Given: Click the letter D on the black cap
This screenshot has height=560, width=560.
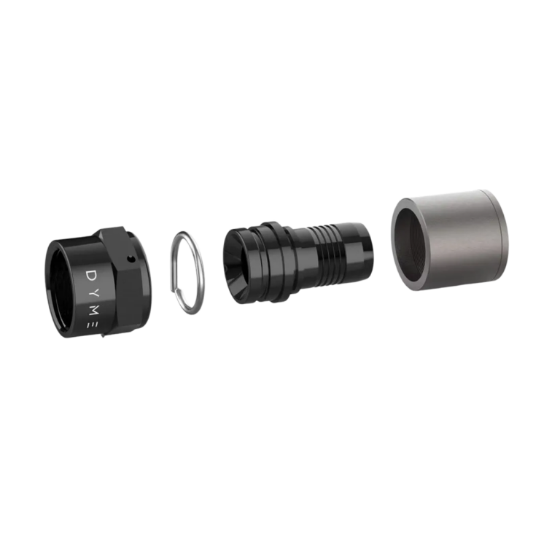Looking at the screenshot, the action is pos(92,275).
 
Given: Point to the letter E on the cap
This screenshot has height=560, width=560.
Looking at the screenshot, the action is pos(91,325).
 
